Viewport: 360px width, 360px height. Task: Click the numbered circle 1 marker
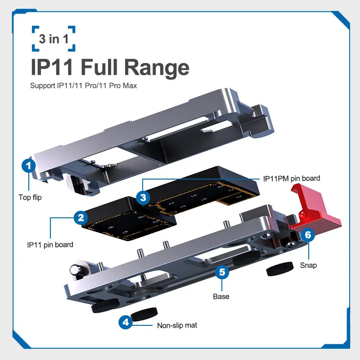[x=29, y=166]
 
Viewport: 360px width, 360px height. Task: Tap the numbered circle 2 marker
[x=81, y=218]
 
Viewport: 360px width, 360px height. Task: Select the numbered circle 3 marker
[x=143, y=198]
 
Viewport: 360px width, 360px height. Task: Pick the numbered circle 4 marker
[x=126, y=322]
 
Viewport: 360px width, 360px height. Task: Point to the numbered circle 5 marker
[x=222, y=272]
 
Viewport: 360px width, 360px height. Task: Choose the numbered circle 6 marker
[x=308, y=235]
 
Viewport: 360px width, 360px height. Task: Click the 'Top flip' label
[x=30, y=197]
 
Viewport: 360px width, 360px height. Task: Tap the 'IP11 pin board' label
[x=50, y=245]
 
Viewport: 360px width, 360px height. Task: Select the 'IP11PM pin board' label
[x=292, y=178]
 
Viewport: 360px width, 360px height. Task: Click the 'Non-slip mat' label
[x=177, y=325]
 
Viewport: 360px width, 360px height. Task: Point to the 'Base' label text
[x=221, y=297]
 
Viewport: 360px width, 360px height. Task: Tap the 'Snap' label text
[x=308, y=265]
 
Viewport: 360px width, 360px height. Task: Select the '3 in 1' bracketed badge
[x=54, y=39]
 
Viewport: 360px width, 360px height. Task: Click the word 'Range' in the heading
[x=157, y=67]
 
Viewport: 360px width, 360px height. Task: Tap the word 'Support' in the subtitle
[x=43, y=86]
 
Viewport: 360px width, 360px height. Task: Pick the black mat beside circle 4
[x=144, y=314]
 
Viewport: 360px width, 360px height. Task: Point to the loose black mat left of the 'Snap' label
[x=280, y=269]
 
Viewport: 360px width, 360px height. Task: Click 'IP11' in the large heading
[x=52, y=67]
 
